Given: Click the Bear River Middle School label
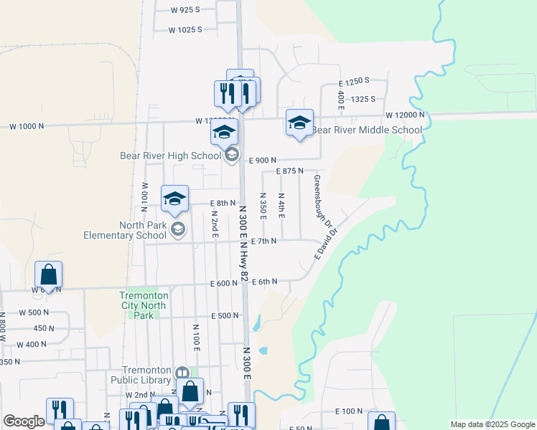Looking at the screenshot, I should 366,130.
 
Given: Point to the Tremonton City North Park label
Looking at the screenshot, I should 144,305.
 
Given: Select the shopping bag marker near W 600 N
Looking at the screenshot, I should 48,274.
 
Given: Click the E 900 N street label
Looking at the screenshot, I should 262,161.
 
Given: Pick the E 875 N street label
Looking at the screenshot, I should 290,171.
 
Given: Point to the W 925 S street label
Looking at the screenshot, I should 185,9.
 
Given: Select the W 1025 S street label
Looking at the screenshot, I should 185,30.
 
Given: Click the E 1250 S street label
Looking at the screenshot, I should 355,82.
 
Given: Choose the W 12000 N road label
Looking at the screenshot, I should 405,115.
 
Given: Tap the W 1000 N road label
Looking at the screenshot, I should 27,126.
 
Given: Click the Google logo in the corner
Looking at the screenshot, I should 24,421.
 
